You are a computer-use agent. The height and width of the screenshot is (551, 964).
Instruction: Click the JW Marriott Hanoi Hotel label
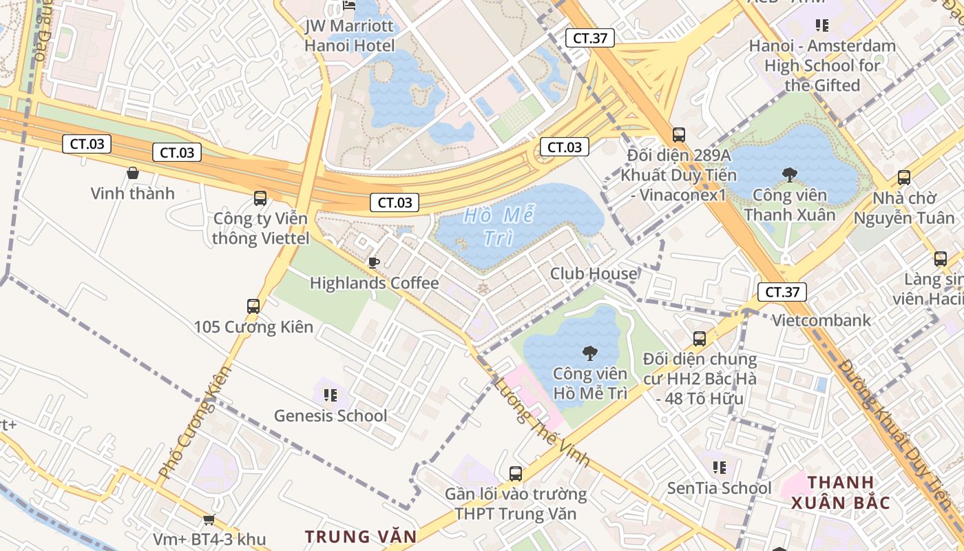coord(350,37)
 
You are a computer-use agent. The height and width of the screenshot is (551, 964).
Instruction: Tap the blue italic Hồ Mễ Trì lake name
coord(499,225)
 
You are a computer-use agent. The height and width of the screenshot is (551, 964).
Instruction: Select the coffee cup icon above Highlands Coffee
coord(373,262)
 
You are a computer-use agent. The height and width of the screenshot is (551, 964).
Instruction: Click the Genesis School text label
coord(331,416)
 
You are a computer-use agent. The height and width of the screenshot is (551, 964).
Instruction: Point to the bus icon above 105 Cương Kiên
coord(253,306)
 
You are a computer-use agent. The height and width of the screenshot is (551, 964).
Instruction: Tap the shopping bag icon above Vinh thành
coord(133,173)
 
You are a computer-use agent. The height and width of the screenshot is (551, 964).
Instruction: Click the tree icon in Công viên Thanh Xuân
coord(789,175)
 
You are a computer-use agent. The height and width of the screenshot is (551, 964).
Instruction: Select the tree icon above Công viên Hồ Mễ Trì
coord(589,354)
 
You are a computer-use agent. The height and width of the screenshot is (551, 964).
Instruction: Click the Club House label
coord(594,273)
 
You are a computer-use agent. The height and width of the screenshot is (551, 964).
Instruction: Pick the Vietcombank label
coord(821,320)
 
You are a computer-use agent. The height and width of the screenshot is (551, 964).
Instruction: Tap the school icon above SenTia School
coord(720,468)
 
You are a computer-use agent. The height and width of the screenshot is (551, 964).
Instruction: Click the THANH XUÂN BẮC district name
coord(841,492)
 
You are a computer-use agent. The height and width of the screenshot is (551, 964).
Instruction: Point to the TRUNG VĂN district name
coord(361,537)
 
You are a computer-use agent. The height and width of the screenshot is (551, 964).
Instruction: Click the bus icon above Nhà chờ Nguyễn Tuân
coord(904,178)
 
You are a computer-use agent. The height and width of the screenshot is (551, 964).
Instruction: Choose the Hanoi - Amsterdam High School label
coord(822,65)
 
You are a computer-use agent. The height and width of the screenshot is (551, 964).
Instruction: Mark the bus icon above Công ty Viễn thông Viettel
coord(260,198)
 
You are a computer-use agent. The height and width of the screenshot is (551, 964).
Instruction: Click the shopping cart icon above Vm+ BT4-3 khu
coord(209,519)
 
